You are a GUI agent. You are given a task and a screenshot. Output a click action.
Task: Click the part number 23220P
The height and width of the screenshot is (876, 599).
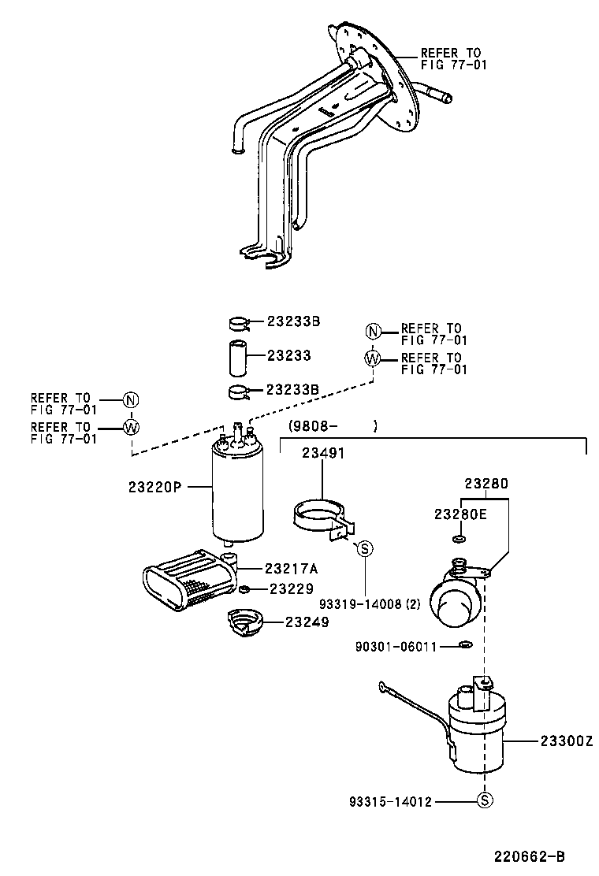(x=154, y=487)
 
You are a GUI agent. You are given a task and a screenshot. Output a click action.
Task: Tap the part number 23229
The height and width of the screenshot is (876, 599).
(x=292, y=588)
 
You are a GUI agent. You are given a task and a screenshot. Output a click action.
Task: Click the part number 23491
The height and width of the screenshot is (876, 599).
(x=322, y=454)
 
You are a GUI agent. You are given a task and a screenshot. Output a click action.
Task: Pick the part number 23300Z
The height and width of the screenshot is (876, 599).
(x=566, y=741)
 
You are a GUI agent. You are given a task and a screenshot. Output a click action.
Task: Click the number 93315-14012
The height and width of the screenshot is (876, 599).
(x=390, y=801)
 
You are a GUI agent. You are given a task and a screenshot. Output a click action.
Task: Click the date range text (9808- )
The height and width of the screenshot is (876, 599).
(x=333, y=426)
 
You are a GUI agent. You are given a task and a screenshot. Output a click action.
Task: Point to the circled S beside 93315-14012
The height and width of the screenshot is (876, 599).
(x=485, y=801)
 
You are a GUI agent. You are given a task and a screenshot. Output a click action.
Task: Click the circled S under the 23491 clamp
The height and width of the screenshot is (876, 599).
(x=365, y=549)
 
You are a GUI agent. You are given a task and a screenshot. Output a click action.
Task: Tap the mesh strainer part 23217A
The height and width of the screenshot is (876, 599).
(x=189, y=583)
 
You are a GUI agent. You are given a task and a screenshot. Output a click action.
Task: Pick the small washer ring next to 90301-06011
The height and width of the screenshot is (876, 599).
(x=465, y=647)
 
